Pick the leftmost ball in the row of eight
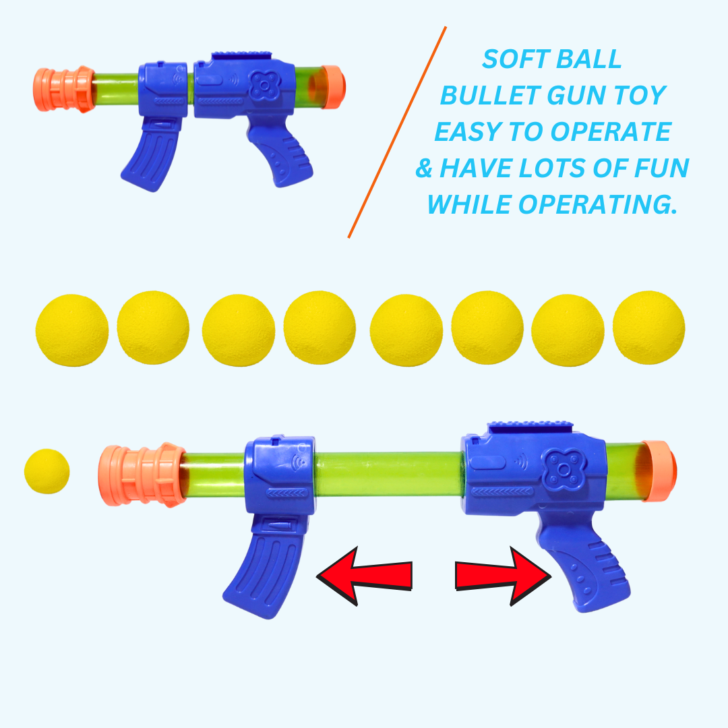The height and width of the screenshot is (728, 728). coord(71,328)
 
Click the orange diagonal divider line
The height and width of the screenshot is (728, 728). coord(398,132)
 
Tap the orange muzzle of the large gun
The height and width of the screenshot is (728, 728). coord(140,475)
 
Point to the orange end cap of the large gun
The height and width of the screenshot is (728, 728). coord(657,471)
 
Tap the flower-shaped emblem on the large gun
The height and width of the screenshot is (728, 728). coord(559,468)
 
